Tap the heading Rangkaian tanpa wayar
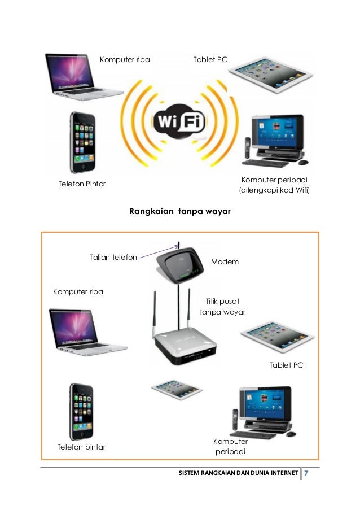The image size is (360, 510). point(180,212)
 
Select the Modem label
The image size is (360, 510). point(225,262)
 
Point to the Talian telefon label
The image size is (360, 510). point(113,258)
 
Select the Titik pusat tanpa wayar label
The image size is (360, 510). point(223,307)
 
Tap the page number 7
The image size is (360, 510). point(306,472)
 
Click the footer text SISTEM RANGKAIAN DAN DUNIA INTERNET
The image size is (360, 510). point(238,473)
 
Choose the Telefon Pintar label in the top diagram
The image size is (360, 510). point(82,184)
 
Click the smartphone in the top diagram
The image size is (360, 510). point(82,142)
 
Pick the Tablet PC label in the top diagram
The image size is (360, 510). point(210,59)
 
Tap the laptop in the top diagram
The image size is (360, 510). point(84,77)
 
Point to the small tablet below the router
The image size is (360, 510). point(177,388)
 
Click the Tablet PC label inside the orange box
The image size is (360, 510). point(287,365)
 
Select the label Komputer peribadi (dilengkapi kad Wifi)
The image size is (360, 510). point(276,185)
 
